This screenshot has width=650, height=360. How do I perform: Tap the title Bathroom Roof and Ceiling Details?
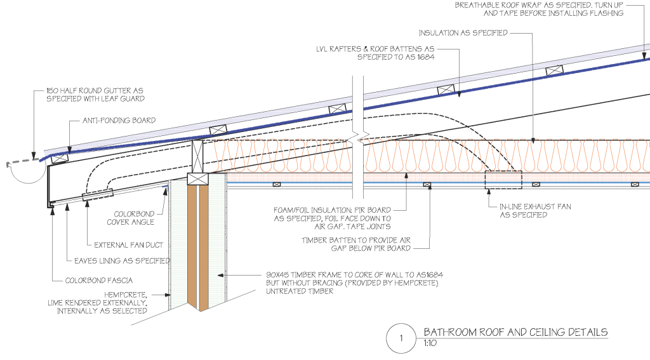coord(515,332)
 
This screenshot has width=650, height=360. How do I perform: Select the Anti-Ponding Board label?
coord(119,120)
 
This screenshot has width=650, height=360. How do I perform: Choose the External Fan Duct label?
coord(128,244)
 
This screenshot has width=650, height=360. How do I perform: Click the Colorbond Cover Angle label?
coord(134,218)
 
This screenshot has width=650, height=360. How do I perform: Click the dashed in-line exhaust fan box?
coord(503,180)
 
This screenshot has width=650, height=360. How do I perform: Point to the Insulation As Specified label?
coord(463,32)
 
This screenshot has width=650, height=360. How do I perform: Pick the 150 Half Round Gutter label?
coord(95,95)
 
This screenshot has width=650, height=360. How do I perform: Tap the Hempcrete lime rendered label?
coord(102,303)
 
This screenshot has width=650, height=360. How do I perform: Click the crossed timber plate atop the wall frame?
coord(198,180)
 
